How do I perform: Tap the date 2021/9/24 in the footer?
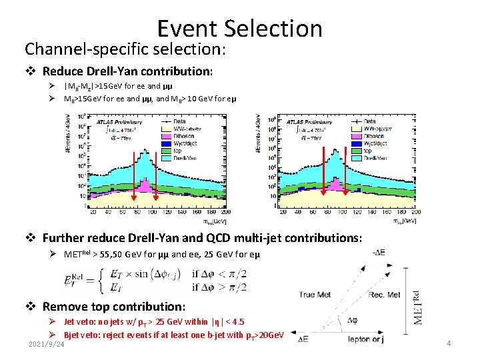point(47,344)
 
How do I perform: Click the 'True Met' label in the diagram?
point(317,295)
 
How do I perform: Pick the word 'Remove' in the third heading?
point(65,307)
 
